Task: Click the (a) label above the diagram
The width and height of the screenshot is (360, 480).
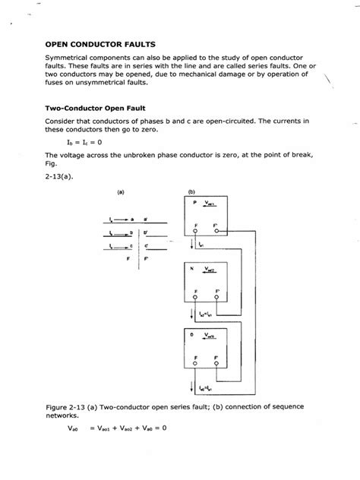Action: (x=120, y=192)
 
